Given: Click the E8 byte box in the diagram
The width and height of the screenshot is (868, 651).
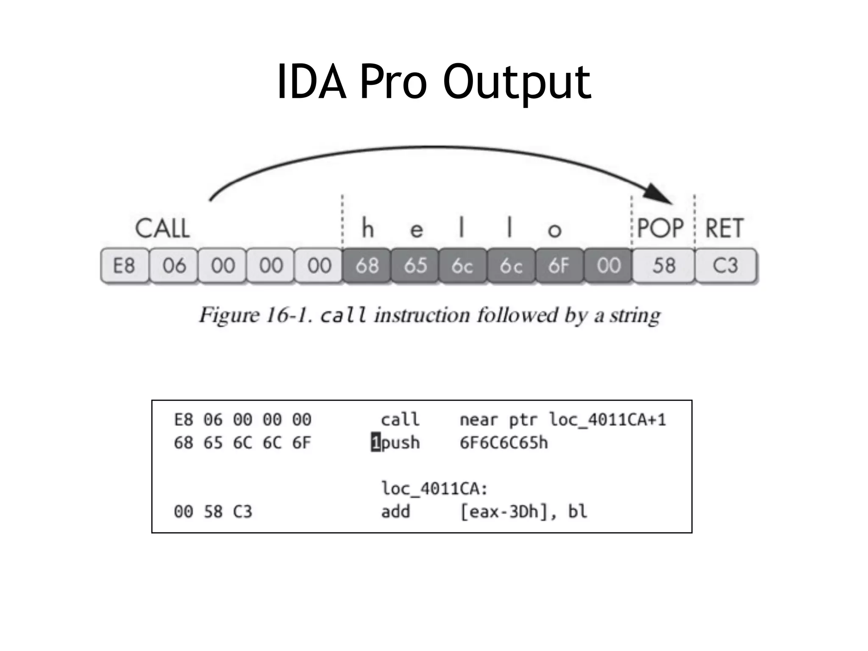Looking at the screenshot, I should click(x=125, y=266).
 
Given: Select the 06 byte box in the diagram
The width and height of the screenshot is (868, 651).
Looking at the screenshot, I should click(x=174, y=266).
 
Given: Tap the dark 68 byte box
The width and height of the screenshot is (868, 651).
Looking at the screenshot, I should click(x=367, y=266).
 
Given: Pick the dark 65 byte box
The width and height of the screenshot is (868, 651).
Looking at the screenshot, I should click(x=415, y=266).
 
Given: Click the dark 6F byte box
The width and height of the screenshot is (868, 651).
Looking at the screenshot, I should click(x=559, y=266).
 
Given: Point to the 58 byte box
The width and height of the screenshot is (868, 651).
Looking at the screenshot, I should click(x=663, y=266).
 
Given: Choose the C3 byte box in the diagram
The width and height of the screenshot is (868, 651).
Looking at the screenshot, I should click(x=725, y=266).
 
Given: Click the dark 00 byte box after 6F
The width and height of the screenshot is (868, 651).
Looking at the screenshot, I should click(x=608, y=266).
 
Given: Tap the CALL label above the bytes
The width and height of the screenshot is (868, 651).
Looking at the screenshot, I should click(x=162, y=228).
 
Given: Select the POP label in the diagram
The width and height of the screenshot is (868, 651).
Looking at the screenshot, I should click(x=660, y=228).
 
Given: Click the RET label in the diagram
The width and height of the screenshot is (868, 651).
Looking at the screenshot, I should click(x=724, y=228).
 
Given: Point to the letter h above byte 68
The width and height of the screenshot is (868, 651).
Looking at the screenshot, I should click(x=367, y=228).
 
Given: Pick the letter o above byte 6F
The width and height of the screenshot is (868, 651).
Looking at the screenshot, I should click(x=554, y=230).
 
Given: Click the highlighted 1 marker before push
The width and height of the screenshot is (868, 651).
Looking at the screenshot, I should click(x=376, y=443).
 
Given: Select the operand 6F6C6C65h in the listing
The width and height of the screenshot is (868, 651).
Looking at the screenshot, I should click(x=504, y=443).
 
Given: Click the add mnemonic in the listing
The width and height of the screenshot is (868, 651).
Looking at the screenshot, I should click(x=395, y=512).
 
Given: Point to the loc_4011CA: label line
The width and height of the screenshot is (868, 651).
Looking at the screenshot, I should click(x=434, y=489).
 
